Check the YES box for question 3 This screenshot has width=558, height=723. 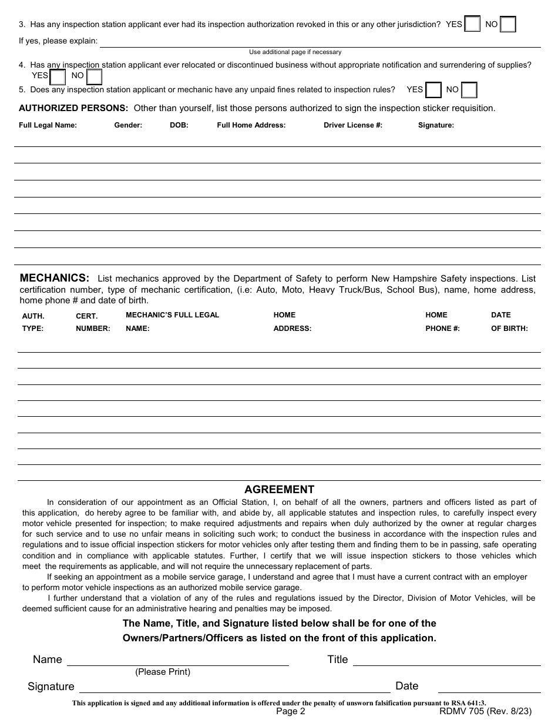pos(472,24)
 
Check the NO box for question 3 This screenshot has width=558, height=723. pos(508,24)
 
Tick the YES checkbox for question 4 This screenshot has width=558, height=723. pos(58,77)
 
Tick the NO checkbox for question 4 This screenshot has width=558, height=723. pos(94,77)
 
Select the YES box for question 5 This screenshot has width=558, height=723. pos(433,90)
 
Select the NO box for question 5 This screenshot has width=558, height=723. pos(469,90)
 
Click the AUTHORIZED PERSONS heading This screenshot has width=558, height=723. pos(73,108)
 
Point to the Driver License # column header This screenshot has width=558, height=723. pos(352,125)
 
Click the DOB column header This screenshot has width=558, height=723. pos(179,125)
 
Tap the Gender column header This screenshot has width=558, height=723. pos(128,125)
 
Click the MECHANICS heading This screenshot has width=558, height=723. pos(55,278)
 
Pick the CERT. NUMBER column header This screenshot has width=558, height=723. pos(92,322)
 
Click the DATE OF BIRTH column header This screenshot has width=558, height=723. pos(509,322)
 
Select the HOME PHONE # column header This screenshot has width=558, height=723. pos(442,322)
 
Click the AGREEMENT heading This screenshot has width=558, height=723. pos(279,490)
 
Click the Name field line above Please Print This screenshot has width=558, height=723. pos(177,661)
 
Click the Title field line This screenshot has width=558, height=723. pos(446,661)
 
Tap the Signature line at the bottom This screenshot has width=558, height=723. pos(234,688)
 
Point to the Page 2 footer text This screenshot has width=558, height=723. pos(291,711)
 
